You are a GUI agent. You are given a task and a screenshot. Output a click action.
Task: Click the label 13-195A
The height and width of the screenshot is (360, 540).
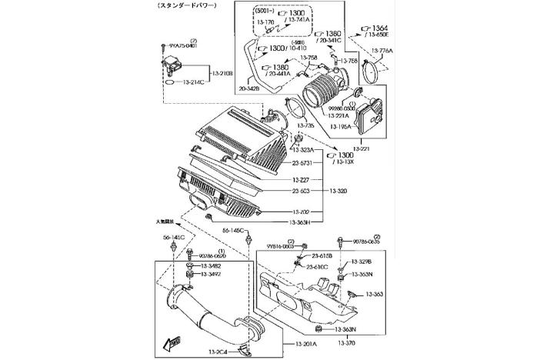click(x=340, y=126)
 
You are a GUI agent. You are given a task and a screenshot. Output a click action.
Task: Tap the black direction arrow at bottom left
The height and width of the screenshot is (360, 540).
click(x=172, y=341)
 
